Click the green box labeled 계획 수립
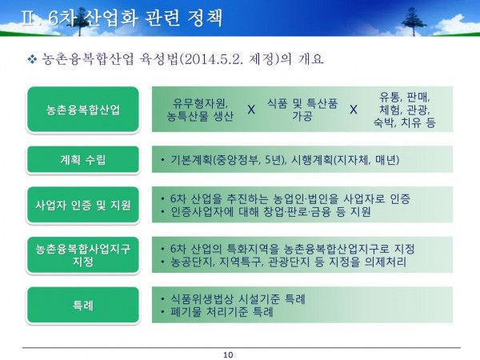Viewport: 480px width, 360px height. [83, 159]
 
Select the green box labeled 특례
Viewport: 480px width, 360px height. [83, 305]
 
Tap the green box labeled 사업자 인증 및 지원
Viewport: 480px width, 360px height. [83, 205]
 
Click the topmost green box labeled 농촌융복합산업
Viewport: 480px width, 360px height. [83, 110]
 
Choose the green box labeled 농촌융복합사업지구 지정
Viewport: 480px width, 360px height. [83, 254]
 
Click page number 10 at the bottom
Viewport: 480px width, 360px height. [228, 354]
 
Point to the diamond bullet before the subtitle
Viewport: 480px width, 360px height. [32, 58]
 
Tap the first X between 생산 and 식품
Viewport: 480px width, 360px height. [251, 110]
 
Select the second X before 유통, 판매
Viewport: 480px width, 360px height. [354, 110]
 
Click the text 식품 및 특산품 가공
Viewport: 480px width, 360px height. [302, 110]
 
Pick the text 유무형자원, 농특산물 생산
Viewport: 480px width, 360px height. [200, 110]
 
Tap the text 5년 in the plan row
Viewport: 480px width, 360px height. [274, 160]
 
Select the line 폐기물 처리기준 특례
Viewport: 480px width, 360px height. [222, 312]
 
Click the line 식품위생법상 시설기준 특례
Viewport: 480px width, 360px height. [238, 298]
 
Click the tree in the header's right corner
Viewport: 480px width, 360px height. [414, 21]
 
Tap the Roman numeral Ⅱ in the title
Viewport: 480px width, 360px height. [28, 18]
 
